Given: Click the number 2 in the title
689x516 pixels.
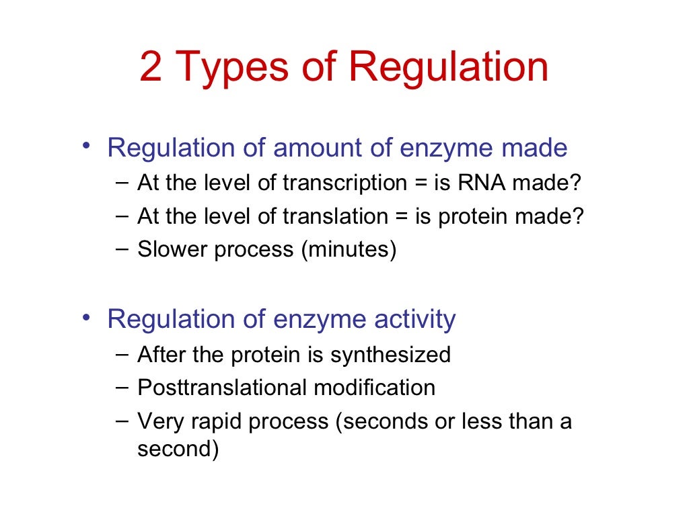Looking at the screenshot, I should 151,68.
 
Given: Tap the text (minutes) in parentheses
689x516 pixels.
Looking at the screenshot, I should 349,250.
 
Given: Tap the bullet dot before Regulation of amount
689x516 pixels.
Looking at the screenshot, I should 85,145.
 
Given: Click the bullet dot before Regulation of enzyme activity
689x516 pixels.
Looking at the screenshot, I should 85,316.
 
